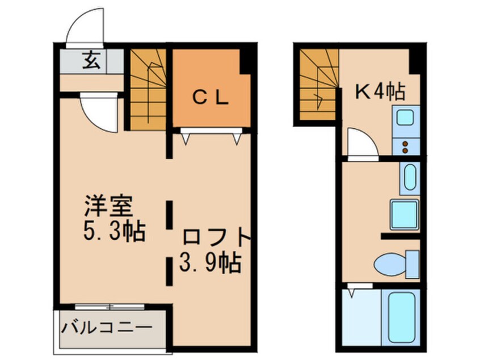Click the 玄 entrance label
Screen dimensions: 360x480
[92, 60]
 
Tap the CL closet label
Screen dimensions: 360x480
[209, 98]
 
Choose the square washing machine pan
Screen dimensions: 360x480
[404, 214]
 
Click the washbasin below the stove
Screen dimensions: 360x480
[409, 177]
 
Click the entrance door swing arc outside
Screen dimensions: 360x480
[85, 28]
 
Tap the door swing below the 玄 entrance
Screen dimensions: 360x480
[99, 111]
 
